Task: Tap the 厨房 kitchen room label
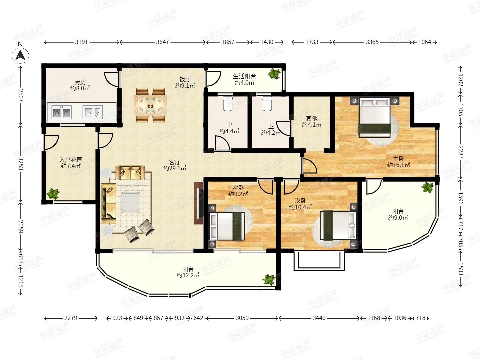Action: click(80, 82)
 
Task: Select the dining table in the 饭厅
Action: click(150, 105)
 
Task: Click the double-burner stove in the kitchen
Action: click(61, 112)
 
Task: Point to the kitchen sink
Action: click(93, 112)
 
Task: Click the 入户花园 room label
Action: click(71, 160)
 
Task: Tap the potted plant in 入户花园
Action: click(53, 193)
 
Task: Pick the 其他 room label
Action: click(312, 118)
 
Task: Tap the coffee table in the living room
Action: click(131, 202)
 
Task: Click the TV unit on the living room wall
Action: click(199, 203)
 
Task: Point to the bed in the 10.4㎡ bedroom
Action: click(338, 225)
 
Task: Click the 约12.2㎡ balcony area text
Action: click(188, 275)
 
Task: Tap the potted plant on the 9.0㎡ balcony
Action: click(427, 188)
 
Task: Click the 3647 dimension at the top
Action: click(162, 42)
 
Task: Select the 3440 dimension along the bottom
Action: click(319, 318)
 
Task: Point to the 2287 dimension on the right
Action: click(461, 152)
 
